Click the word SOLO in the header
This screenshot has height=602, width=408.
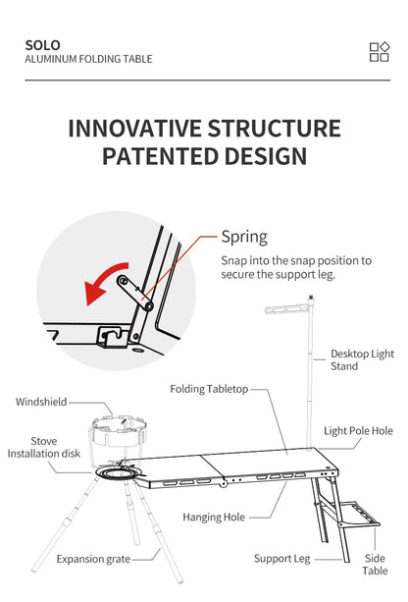coord(42,45)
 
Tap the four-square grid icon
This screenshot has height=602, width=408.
coord(380,52)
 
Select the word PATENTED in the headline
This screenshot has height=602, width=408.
coord(160,156)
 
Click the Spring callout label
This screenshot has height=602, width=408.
coord(244,237)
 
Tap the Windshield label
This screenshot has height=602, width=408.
coord(41,402)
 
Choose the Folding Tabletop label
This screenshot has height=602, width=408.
coord(209,389)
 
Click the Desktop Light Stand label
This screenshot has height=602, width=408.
coord(362,359)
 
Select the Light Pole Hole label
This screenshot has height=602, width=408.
coord(358,431)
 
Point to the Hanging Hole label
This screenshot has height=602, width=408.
coord(214,518)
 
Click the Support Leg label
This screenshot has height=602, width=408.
coord(281,559)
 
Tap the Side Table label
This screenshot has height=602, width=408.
coord(375,564)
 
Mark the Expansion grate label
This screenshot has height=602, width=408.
coord(93,559)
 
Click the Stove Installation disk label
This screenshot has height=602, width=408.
coord(44,447)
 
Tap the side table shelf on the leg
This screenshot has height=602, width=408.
coord(359,514)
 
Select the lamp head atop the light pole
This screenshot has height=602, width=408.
coord(287,308)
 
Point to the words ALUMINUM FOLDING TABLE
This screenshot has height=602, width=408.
coord(88,59)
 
